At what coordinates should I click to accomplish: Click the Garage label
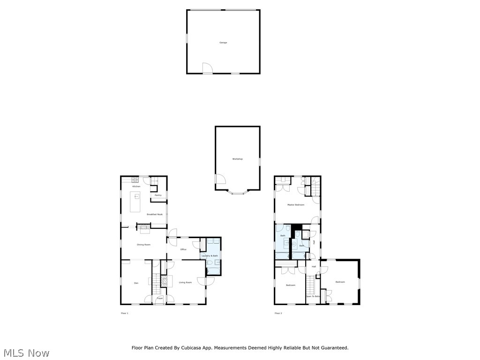(223, 43)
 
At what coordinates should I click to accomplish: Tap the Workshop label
(238, 159)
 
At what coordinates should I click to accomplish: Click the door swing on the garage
(207, 68)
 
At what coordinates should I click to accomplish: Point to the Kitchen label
(136, 187)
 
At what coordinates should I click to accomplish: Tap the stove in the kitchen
(135, 180)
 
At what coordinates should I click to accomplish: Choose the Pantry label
(158, 195)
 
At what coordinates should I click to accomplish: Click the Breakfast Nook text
(155, 214)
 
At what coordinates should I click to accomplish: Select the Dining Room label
(143, 245)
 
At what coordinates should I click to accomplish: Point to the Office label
(183, 249)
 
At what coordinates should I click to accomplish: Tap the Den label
(136, 283)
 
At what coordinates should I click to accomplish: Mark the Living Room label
(185, 282)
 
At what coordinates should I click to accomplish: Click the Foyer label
(159, 298)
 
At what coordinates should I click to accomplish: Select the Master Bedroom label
(296, 205)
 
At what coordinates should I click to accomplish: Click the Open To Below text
(313, 296)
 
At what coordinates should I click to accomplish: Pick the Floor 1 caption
(124, 313)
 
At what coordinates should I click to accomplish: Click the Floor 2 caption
(278, 313)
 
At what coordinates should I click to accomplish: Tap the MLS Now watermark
(26, 352)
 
